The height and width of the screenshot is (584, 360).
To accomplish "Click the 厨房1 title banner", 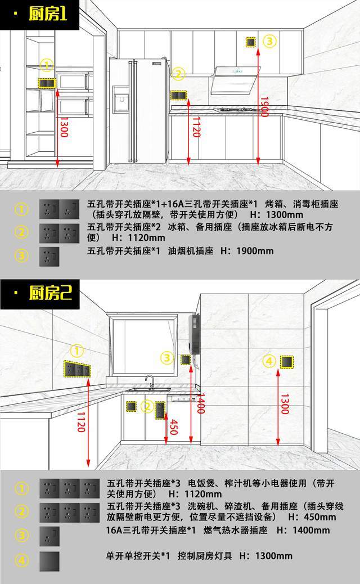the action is pos(39,15).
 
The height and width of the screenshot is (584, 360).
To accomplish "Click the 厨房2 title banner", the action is pos(40,294).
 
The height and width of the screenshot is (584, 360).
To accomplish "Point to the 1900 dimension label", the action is pos(264,107).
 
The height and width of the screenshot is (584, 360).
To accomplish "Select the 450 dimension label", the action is pos(173,427).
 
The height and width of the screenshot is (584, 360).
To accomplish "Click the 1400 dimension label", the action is pos(200,403).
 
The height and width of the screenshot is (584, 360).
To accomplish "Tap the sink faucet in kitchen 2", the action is pos(150,382).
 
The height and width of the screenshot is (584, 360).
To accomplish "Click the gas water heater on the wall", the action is pos(194,334).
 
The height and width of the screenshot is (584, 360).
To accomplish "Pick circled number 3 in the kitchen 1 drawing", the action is pos(269,41).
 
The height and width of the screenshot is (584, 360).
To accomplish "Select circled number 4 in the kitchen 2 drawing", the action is pos(269,361).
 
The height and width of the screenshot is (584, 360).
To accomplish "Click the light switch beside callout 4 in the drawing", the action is pos(287,362).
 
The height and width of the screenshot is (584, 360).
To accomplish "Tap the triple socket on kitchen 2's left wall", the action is pos(76,369).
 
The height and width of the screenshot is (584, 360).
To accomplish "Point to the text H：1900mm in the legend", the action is pos(247,251).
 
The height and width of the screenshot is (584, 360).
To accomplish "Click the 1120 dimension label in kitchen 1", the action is pos(196,127).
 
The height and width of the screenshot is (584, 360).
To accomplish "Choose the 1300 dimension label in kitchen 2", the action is pos(285,404).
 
